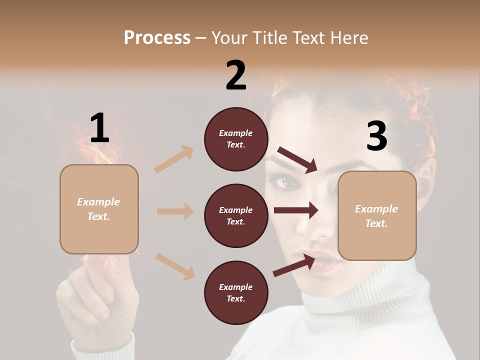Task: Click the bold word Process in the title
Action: click(157, 37)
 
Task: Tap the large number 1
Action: click(99, 128)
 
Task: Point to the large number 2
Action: click(236, 75)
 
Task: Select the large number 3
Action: click(376, 136)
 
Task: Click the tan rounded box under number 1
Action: click(99, 209)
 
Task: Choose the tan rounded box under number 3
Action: click(377, 215)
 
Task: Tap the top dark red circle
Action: click(236, 139)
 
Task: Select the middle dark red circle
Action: click(236, 215)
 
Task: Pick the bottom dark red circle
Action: click(236, 292)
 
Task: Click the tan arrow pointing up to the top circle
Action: click(174, 159)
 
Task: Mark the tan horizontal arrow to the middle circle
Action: click(175, 211)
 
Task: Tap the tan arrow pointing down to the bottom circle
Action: click(175, 266)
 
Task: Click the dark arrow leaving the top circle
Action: click(297, 159)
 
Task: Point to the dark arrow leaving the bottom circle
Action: click(294, 265)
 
